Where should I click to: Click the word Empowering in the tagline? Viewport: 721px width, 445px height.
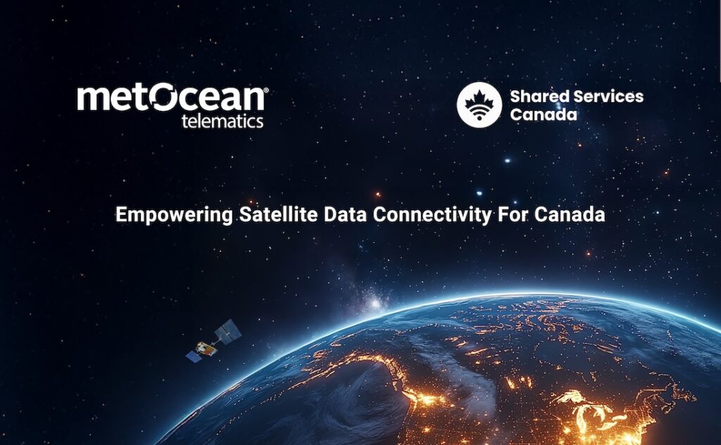coord(175,215)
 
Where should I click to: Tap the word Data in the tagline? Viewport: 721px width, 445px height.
coord(345,214)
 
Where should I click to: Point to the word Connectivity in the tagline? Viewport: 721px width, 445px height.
coord(432,215)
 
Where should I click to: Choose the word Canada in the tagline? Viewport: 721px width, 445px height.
coord(570,214)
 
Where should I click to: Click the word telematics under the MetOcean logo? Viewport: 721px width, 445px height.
coord(222,121)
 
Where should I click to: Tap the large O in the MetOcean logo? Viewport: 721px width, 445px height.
coord(164,97)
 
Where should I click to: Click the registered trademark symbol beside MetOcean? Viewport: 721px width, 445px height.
coord(265,89)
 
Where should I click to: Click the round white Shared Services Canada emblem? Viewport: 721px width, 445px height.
coord(479,104)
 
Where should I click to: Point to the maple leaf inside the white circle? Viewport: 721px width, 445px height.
coord(479,100)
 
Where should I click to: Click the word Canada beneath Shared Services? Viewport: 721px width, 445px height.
coord(544,114)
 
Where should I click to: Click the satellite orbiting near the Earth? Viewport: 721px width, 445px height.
coord(214,341)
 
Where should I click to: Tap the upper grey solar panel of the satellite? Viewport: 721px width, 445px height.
coord(229,330)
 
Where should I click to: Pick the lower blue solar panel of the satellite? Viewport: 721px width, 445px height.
coord(194,356)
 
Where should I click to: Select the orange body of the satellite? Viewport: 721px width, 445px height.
coord(206,348)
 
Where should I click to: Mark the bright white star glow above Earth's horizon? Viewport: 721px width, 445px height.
coord(375,303)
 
